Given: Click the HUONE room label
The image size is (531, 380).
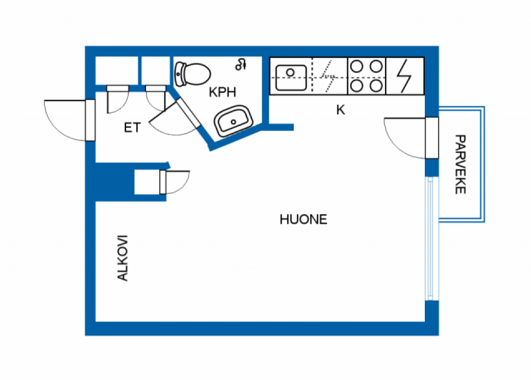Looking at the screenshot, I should click(x=303, y=220).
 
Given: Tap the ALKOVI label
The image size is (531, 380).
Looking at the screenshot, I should click(x=123, y=258).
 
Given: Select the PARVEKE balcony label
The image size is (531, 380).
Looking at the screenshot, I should click(x=460, y=164).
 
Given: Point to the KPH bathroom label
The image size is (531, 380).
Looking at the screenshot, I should click(x=222, y=92).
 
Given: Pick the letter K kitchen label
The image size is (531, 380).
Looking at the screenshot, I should click(x=340, y=110).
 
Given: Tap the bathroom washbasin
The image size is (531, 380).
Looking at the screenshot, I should click(x=233, y=121).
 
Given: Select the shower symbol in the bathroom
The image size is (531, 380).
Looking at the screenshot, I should click(x=241, y=64).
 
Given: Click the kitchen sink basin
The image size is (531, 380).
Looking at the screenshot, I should click(x=290, y=77).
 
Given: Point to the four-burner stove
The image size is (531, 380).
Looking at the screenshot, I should click(x=366, y=76).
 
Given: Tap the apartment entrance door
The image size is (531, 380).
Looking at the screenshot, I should click(x=90, y=120).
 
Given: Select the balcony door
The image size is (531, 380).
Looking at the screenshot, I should click(x=431, y=138).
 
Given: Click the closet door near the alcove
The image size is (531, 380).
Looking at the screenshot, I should click(x=163, y=182).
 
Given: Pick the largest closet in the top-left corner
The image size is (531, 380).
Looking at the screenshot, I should click(x=116, y=71).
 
